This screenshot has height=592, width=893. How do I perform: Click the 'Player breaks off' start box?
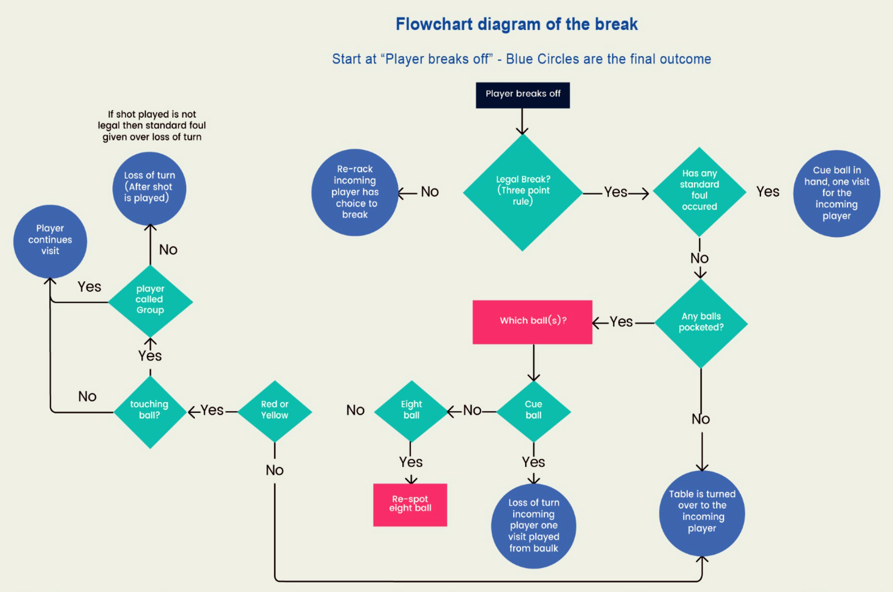523,95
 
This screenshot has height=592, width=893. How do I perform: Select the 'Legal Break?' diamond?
523,192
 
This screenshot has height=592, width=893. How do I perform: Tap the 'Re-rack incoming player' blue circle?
355,192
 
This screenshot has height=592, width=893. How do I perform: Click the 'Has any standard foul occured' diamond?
700,192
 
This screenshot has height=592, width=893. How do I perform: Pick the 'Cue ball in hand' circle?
837,193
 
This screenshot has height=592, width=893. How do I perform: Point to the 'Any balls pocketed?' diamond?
701,323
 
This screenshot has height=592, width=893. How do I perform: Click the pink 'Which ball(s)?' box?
533,321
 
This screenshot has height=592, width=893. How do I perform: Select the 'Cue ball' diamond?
533,411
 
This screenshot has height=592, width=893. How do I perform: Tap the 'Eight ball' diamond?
411,411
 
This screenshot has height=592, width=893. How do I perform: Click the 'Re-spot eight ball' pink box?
410,504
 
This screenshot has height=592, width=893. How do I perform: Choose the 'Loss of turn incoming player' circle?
534,525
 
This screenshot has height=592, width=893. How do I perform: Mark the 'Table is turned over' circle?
702,512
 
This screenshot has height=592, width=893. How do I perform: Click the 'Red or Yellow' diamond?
275,411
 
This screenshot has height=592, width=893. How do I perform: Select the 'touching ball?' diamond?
150,411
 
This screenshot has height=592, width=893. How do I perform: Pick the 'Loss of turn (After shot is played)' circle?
149,188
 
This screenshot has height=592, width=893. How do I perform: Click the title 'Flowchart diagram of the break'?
517,24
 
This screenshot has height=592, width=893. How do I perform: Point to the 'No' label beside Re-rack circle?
429,192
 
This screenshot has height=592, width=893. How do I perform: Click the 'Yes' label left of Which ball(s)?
621,322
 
